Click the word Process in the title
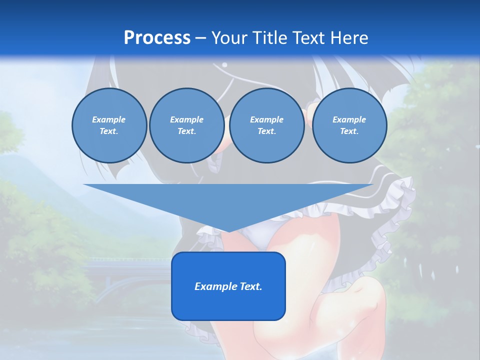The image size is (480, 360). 157,38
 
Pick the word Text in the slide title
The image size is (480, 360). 308,38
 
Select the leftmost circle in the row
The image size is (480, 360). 109,125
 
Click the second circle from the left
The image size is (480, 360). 187,125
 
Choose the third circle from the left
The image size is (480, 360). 267,125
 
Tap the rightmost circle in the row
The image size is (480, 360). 349,125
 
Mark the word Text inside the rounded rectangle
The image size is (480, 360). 251,286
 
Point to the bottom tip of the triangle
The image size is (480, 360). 228,231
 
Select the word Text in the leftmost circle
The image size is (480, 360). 109,131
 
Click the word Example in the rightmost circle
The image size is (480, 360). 349,119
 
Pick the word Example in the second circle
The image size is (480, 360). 187,119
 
